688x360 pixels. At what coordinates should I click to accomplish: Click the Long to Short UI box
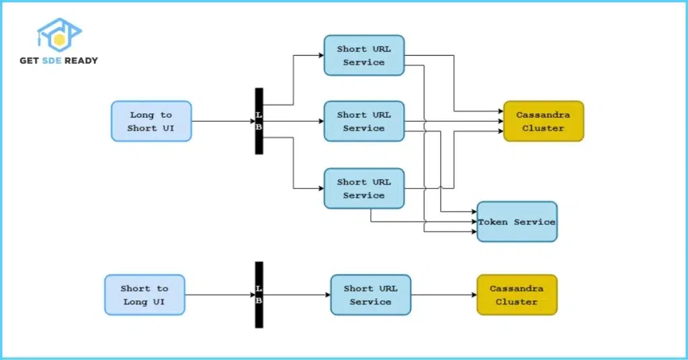point(151,121)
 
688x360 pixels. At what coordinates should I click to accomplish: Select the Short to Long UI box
point(144,295)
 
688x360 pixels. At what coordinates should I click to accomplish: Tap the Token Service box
point(517,222)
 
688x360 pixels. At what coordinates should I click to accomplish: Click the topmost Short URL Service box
point(363,55)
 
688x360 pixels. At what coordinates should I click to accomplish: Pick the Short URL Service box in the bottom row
point(370,295)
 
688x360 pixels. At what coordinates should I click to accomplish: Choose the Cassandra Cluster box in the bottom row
point(517,295)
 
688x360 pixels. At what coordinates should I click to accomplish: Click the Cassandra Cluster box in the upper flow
point(544,121)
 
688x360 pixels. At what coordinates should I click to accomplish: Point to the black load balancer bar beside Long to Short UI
point(259,121)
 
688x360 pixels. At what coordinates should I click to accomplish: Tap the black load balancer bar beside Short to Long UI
point(259,295)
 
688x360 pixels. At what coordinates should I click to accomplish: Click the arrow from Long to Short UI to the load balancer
point(222,122)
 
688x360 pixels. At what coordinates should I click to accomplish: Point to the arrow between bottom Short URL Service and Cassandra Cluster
point(443,295)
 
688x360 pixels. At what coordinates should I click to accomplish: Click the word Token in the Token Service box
point(493,222)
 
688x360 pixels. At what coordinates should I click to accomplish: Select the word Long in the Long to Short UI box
point(141,115)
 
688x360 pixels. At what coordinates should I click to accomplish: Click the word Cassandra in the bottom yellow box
point(517,288)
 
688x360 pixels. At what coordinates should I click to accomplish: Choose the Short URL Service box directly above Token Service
point(363,188)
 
